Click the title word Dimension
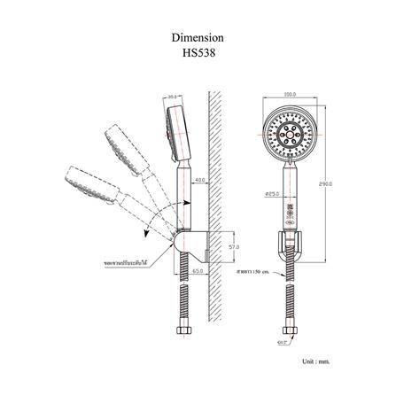(197, 39)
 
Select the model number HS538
(197, 52)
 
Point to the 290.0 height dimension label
(324, 184)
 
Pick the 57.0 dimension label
(234, 245)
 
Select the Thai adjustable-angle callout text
(125, 263)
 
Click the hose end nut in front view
(288, 330)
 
